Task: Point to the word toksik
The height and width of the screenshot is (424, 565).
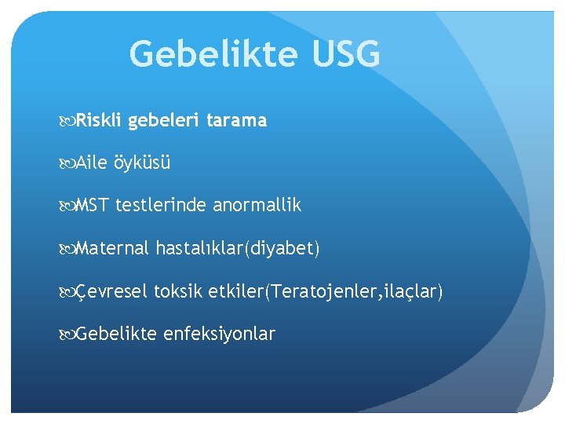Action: [x=178, y=292]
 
